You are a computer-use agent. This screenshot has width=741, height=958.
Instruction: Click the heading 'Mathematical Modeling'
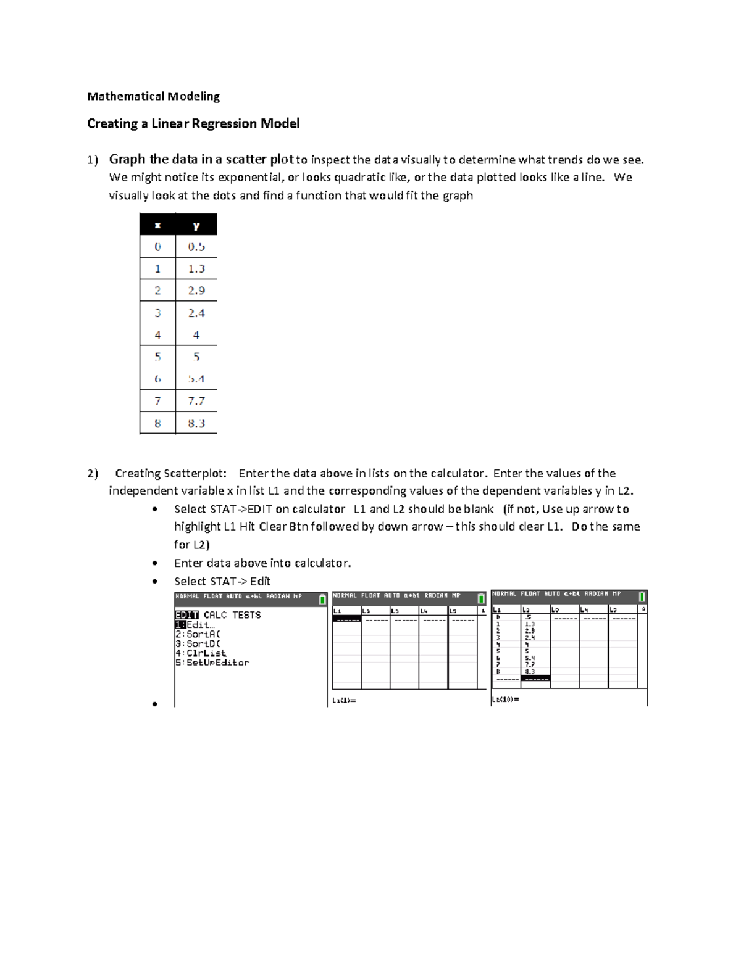click(153, 96)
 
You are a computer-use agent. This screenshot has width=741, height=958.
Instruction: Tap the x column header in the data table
click(157, 225)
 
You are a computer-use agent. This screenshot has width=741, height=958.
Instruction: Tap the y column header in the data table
click(196, 225)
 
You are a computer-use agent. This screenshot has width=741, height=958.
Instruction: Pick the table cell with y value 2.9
click(196, 291)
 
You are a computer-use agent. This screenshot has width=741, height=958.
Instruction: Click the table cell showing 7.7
click(196, 401)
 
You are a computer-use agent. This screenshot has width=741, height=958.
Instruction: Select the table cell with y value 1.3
click(196, 269)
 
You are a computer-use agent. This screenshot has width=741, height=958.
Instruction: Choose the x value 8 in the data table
click(157, 424)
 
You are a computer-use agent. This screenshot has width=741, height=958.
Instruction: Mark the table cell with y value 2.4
click(196, 313)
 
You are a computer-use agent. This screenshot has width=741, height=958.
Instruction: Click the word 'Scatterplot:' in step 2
click(196, 474)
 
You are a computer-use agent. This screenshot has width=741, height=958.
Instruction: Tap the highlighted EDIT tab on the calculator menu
click(186, 615)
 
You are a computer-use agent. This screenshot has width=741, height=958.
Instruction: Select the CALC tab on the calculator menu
click(215, 615)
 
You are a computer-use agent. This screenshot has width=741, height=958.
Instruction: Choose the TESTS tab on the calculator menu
click(246, 615)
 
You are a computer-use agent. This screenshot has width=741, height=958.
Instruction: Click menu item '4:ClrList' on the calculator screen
click(201, 653)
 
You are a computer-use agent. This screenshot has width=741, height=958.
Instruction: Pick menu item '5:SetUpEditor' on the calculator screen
click(212, 663)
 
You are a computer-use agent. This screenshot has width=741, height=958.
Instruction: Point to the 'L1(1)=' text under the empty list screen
click(344, 700)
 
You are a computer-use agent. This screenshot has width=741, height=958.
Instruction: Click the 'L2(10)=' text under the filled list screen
click(505, 700)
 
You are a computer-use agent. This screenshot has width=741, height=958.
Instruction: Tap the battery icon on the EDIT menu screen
click(322, 600)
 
